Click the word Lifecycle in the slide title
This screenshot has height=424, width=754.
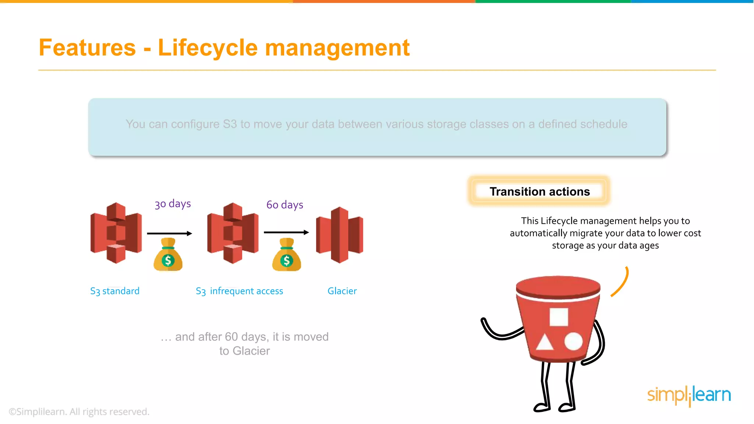208,48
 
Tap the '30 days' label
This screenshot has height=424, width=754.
173,204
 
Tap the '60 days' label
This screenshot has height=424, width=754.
285,205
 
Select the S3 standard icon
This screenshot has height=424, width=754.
116,233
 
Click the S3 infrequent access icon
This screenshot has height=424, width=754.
233,233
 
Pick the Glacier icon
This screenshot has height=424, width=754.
339,234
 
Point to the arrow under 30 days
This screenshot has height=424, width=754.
169,233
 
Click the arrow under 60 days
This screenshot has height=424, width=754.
286,232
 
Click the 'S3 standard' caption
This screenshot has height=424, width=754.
115,291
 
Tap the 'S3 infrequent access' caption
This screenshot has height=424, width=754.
239,291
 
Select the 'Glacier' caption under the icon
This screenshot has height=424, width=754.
342,291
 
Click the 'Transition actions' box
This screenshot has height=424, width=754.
539,191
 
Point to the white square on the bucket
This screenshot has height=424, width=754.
559,317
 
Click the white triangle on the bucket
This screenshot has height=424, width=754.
545,342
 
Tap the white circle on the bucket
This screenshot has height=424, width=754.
573,342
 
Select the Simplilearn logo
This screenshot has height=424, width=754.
689,395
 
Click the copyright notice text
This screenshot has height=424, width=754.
79,411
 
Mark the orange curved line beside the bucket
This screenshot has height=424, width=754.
621,283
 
